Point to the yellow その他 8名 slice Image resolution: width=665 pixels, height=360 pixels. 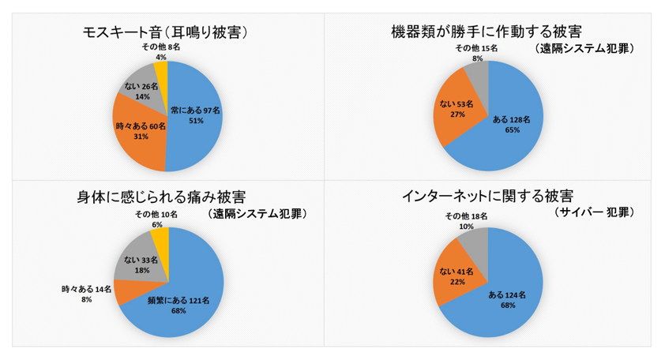[161, 73]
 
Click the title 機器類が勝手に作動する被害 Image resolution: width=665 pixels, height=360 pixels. [487, 32]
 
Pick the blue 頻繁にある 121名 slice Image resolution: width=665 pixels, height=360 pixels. [186, 296]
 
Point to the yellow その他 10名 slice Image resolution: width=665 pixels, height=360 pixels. [159, 238]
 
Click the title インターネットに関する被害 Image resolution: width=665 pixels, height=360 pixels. [487, 196]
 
